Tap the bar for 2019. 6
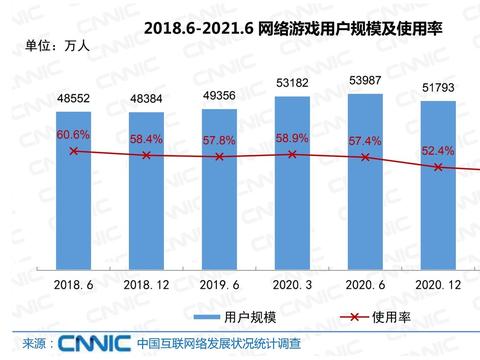[219, 190]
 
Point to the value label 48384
[146, 102]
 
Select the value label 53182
[291, 81]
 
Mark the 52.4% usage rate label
[437, 151]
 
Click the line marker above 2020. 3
[291, 154]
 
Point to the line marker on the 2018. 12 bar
[146, 155]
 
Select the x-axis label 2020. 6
[364, 285]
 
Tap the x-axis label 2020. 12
[437, 285]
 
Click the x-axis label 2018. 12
[146, 285]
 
